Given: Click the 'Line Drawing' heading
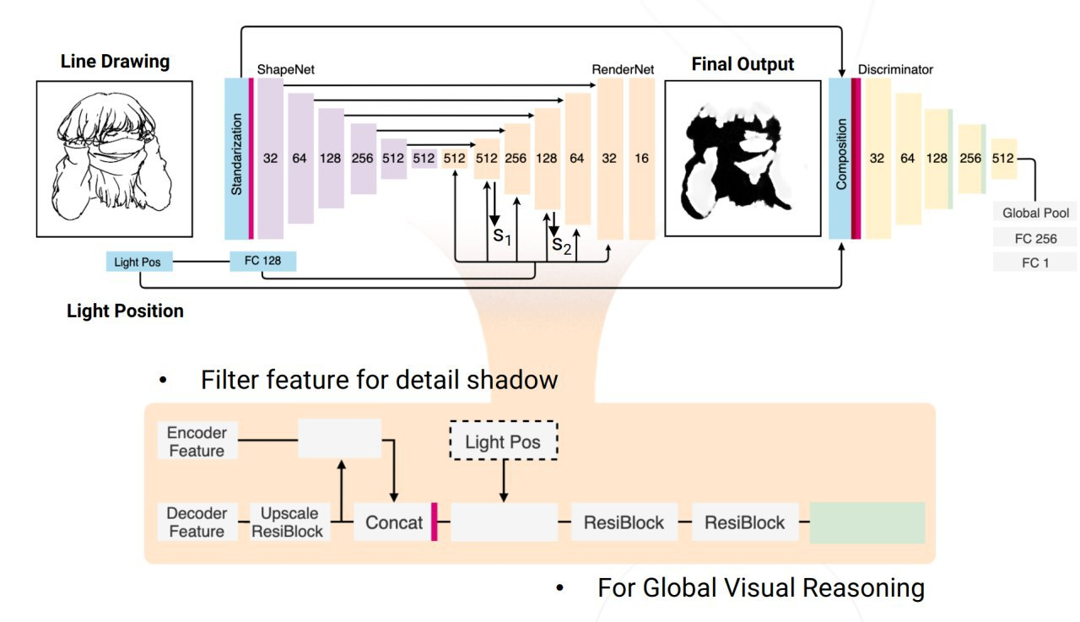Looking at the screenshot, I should click(x=115, y=62).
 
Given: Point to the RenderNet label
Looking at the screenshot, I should click(x=623, y=70).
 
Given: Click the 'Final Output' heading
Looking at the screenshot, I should click(x=742, y=64).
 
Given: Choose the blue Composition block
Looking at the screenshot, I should click(x=840, y=159).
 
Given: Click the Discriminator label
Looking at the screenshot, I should click(x=895, y=70).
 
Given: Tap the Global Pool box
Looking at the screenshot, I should click(x=1034, y=214).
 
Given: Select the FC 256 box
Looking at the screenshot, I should click(x=1034, y=238).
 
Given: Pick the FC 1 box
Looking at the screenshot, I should click(x=1034, y=262).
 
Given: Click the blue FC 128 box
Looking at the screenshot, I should click(x=262, y=261).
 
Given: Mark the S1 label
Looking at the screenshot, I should click(x=502, y=235).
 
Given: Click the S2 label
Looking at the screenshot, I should click(x=561, y=246).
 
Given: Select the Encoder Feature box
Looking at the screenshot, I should click(x=197, y=441).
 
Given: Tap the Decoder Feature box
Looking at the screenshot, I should click(x=197, y=522).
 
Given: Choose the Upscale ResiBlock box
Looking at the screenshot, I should click(x=287, y=522).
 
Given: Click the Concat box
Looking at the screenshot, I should click(x=393, y=522).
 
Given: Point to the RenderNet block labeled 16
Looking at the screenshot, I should click(x=641, y=158).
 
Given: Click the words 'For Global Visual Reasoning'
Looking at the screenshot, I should click(x=760, y=587).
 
